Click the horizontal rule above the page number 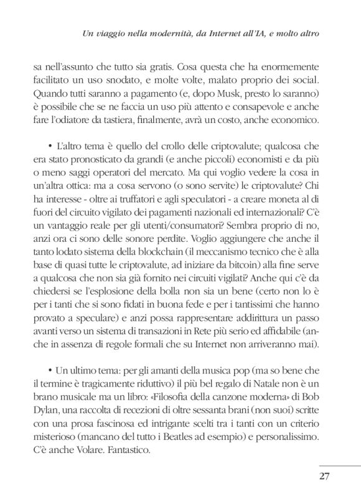pyautogui.click(x=339, y=464)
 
